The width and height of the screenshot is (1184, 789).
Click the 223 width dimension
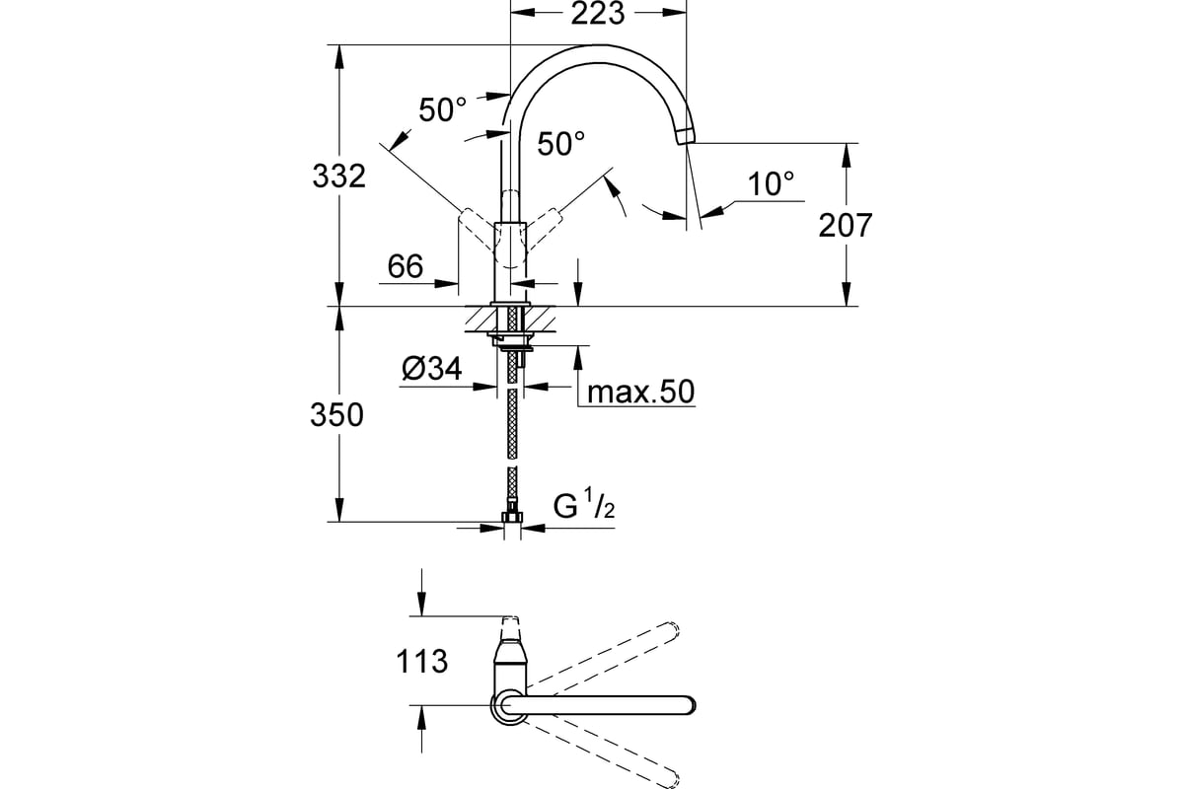pos(598,14)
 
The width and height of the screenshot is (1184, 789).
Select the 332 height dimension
pos(338,176)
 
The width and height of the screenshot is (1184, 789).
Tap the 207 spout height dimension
pos(846,226)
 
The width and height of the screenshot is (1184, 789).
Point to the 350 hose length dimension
pos(336,415)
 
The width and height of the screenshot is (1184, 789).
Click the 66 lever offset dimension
pos(406,266)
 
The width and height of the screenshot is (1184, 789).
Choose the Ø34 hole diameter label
pos(432,368)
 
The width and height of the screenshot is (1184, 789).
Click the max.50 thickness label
pos(640,393)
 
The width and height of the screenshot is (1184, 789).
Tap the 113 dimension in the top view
pos(422,662)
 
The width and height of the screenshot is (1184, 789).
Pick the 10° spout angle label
pos(771,183)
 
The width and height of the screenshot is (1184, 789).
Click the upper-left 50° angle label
pos(443,109)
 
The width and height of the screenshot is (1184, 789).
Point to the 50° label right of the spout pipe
pos(561,143)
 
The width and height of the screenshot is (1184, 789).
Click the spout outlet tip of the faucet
pos(685,136)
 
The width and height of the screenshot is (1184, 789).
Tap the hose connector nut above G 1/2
pos(512,517)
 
